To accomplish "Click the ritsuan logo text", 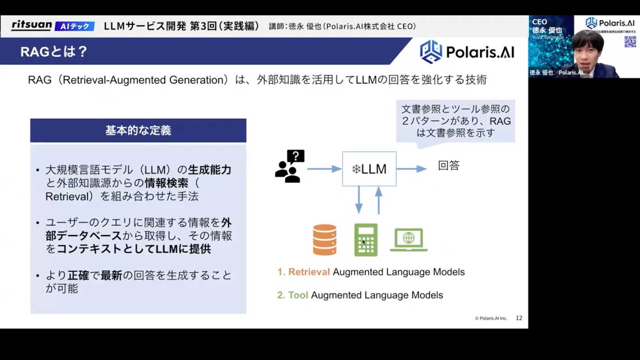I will pyautogui.click(x=32, y=25).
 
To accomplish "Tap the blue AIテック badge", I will pyautogui.click(x=75, y=26).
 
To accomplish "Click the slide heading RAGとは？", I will pyautogui.click(x=54, y=52).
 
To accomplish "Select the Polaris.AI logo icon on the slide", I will pyautogui.click(x=430, y=52).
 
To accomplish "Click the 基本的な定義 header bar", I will pyautogui.click(x=138, y=131).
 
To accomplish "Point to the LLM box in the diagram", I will pyautogui.click(x=369, y=169).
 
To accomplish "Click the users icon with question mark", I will pyautogui.click(x=289, y=167).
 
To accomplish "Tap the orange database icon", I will pyautogui.click(x=325, y=240).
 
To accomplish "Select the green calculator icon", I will pyautogui.click(x=366, y=240).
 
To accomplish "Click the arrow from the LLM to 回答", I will pyautogui.click(x=411, y=169).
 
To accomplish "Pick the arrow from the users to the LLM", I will pyautogui.click(x=324, y=169).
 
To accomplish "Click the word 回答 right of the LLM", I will pyautogui.click(x=448, y=166).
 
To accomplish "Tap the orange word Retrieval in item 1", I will pyautogui.click(x=309, y=272).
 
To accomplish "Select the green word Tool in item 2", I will pyautogui.click(x=298, y=295).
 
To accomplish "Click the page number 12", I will pyautogui.click(x=519, y=318).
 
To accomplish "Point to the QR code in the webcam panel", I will pyautogui.click(x=630, y=41).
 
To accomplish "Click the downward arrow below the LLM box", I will pyautogui.click(x=359, y=200).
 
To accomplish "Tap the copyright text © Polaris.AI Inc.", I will pyautogui.click(x=491, y=318).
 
